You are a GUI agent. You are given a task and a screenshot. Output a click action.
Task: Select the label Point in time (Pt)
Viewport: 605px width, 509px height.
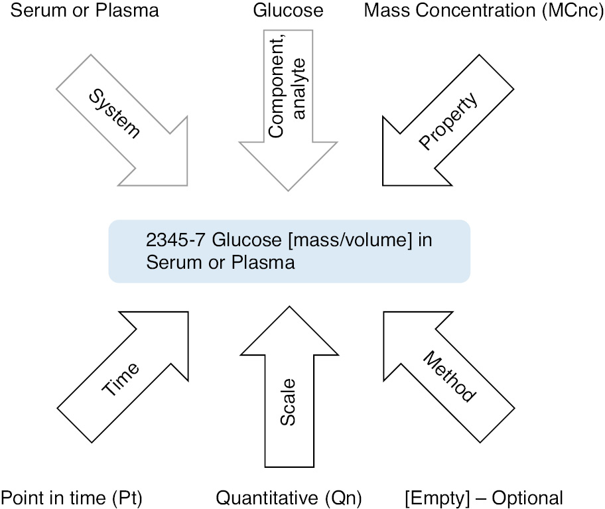coord(72,497)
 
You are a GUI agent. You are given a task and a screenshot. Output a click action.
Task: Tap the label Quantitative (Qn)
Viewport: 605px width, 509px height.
coord(289,497)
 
